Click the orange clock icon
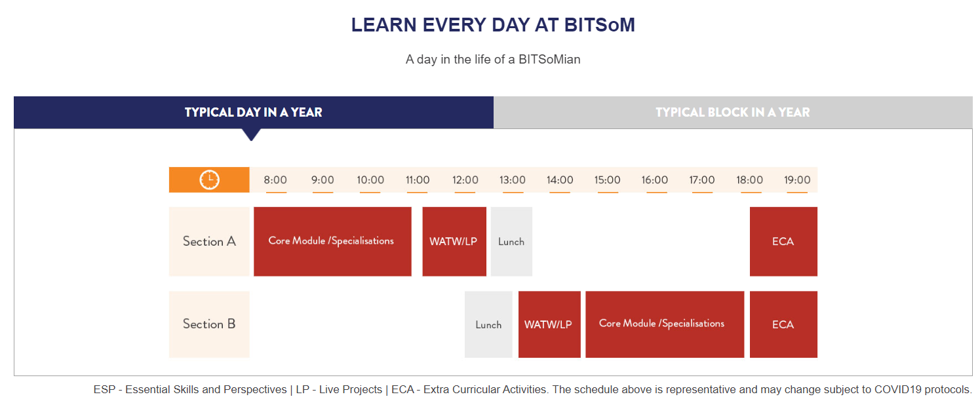point(210,180)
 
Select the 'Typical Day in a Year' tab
point(254,113)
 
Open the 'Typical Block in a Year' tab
point(733,113)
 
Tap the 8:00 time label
point(275,180)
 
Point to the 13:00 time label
point(513,180)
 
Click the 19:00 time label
point(797,180)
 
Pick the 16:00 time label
point(654,180)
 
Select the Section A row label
point(209,242)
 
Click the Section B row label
point(209,324)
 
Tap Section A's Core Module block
point(332,242)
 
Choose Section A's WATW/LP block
point(454,242)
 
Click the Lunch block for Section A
point(511,242)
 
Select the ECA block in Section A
point(783,242)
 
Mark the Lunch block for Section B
point(488,324)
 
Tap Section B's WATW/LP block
point(549,324)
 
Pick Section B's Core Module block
point(665,324)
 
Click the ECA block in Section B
point(783,324)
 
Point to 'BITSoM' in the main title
point(599,25)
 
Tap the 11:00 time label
point(418,180)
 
